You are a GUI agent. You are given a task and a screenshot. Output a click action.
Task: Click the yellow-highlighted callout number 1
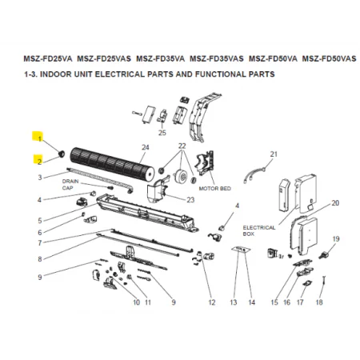click(x=40, y=138)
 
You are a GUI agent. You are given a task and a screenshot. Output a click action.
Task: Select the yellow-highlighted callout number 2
click(x=39, y=162)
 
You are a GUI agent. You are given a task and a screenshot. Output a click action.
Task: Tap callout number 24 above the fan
click(x=146, y=147)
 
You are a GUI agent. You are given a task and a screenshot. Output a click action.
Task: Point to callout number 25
click(x=162, y=133)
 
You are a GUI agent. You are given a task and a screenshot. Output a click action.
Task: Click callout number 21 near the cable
click(x=274, y=154)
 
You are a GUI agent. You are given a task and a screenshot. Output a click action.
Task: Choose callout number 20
click(x=335, y=203)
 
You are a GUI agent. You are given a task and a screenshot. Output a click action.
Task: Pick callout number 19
click(x=336, y=238)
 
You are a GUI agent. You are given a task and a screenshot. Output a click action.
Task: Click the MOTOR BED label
click(x=215, y=189)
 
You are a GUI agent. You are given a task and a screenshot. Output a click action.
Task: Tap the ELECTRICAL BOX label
click(x=259, y=230)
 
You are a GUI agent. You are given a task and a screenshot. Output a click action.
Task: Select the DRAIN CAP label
click(x=70, y=185)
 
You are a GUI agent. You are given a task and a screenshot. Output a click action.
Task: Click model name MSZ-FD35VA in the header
click(x=160, y=58)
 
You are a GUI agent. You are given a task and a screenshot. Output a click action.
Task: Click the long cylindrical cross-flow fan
click(x=112, y=164)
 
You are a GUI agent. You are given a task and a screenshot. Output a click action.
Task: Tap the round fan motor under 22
click(x=180, y=176)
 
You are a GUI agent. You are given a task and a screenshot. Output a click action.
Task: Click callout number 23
click(x=190, y=200)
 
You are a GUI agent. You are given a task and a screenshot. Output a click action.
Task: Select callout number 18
click(x=319, y=302)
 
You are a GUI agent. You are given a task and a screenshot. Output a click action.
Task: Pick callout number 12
click(x=212, y=302)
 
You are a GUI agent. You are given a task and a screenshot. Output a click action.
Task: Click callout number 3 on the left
click(x=40, y=178)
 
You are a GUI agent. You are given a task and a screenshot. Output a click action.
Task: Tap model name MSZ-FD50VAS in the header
click(x=329, y=58)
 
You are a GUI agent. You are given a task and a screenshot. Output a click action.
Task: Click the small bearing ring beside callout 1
click(x=62, y=154)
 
